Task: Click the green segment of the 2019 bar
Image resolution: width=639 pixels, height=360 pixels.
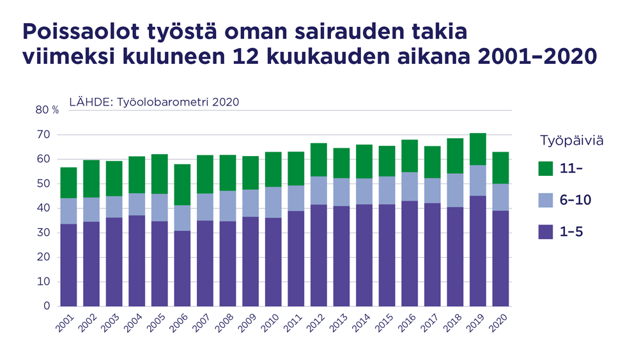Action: coord(478,149)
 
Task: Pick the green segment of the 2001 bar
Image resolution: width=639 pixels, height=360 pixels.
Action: coord(68,183)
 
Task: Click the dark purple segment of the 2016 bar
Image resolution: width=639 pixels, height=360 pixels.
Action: coord(410,254)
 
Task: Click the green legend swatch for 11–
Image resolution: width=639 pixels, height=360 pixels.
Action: coord(545,169)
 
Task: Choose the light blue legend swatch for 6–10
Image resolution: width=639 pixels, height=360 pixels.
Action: coord(545,200)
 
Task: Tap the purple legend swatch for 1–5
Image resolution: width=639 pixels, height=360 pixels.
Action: coord(545,231)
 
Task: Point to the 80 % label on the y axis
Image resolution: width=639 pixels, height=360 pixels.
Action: coord(47,110)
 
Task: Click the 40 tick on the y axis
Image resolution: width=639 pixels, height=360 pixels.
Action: coord(43,208)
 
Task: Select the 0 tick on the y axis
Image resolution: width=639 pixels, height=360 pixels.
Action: coord(46,306)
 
